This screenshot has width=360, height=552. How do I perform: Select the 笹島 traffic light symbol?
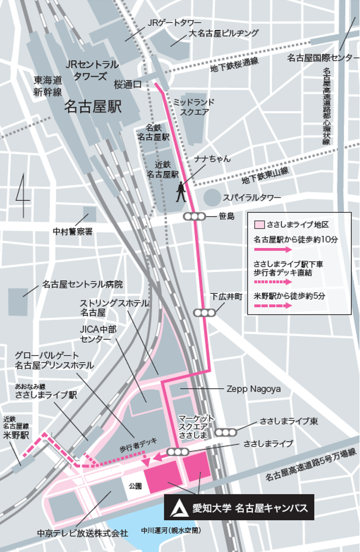point(194,217)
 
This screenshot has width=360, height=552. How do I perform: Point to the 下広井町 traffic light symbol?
point(204,313)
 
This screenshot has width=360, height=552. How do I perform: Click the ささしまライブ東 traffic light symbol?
point(225,432)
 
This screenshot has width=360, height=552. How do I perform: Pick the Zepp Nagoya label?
point(253,389)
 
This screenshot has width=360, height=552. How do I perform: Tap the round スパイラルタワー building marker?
point(212,197)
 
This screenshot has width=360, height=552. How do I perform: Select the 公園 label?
point(135,486)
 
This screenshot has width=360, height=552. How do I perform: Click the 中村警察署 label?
point(73,231)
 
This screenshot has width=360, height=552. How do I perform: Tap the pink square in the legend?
point(259,225)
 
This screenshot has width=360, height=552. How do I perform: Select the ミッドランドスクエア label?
point(194,107)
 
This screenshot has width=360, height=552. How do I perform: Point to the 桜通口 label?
point(127,84)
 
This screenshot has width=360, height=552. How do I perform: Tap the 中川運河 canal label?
point(171,531)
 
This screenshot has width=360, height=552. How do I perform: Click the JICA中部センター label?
point(98,334)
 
